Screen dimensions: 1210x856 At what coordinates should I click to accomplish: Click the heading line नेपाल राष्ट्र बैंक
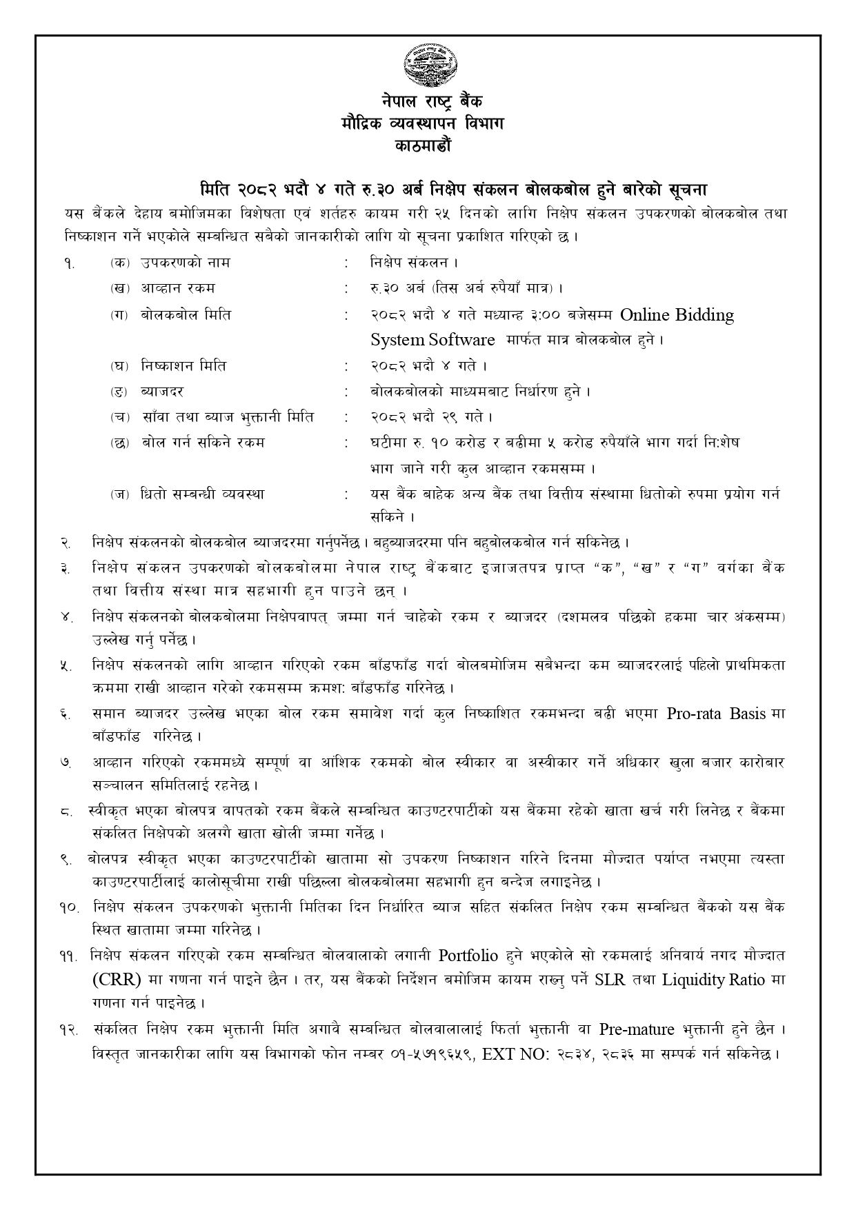[428, 102]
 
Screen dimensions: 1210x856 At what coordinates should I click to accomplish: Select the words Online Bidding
[677, 316]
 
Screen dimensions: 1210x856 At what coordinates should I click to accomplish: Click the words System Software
[432, 340]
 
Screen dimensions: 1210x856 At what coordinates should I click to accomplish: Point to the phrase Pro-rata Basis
[717, 714]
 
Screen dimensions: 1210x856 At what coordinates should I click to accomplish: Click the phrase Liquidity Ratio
[713, 980]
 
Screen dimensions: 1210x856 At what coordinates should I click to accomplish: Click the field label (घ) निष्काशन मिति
[168, 366]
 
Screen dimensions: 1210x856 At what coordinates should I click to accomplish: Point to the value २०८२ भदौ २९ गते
[431, 417]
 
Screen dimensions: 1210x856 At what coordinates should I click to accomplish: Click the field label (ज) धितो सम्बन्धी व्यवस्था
[187, 494]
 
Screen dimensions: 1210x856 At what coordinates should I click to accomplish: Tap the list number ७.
[66, 764]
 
